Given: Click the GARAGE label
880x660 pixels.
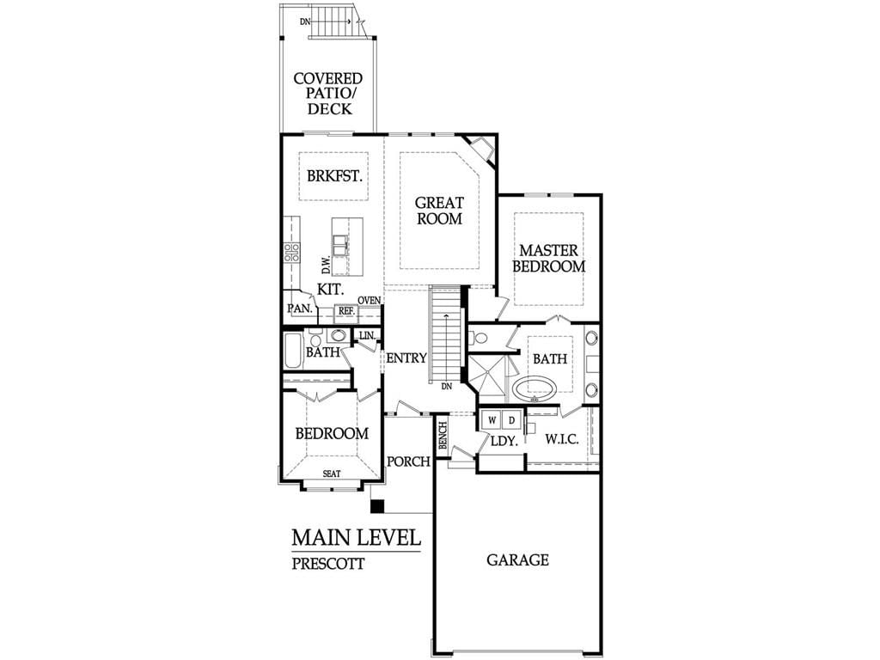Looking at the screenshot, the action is (x=517, y=560).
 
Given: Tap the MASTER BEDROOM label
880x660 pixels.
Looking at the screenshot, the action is (x=549, y=258).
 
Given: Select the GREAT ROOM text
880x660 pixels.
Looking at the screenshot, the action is (x=439, y=211).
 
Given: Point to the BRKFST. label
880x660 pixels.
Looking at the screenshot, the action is (x=334, y=175).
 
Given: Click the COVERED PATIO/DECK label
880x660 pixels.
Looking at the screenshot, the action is (x=328, y=93).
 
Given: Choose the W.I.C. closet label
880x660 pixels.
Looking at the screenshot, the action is (x=562, y=439).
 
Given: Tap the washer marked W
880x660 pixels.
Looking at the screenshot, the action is (x=492, y=419).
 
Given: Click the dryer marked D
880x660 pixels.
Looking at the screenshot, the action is (x=511, y=419).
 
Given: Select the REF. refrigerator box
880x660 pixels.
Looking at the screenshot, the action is (x=346, y=311).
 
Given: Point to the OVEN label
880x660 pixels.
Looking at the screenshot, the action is (x=370, y=300).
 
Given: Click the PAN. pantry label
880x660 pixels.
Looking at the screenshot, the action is (x=300, y=309).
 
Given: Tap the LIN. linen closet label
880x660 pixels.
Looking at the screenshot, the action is (x=367, y=335).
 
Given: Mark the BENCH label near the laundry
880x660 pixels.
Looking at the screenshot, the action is (x=443, y=435).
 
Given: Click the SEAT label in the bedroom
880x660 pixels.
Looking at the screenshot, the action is (x=332, y=474).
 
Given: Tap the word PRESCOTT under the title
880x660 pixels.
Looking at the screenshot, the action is (x=328, y=564).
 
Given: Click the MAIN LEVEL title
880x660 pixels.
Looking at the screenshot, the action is (x=357, y=538).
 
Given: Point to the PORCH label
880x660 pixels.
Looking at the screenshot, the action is (x=408, y=461).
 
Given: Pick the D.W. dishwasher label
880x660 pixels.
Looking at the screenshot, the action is (x=326, y=263).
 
